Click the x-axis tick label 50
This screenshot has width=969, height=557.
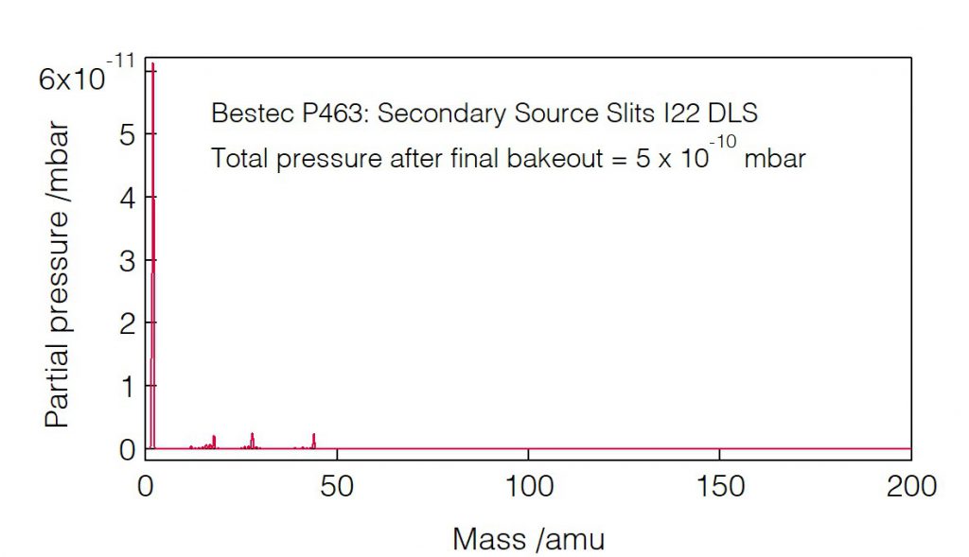pos(337,488)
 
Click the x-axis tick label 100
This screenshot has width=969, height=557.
pos(528,488)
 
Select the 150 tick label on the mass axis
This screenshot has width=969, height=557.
pos(719,488)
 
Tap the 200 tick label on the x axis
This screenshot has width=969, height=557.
pos(910,488)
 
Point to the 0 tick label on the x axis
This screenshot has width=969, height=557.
pos(146,488)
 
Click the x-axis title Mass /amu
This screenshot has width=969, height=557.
pos(528,539)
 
